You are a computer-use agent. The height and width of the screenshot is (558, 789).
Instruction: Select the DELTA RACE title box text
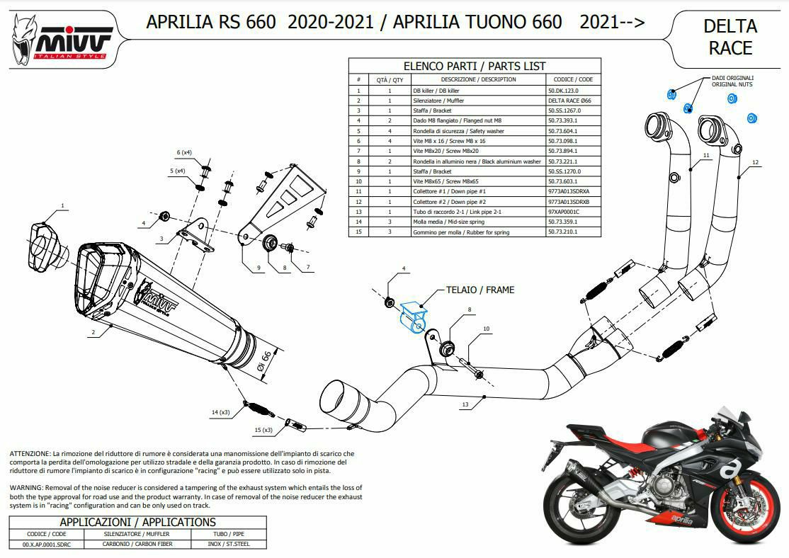[730, 37]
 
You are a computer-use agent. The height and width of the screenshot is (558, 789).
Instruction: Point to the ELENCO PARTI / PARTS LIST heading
[475, 66]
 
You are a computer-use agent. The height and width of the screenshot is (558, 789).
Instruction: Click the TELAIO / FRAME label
[480, 290]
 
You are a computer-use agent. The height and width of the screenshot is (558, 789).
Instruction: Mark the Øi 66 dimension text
[263, 360]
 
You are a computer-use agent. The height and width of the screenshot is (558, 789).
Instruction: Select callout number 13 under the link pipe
[465, 404]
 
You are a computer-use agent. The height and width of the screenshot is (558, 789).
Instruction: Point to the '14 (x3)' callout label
[220, 412]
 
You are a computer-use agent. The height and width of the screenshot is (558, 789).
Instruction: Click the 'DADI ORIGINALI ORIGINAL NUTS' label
[732, 81]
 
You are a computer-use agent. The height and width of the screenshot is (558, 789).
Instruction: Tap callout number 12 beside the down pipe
[755, 163]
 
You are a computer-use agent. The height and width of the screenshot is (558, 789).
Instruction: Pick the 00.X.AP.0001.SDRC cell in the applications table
[47, 544]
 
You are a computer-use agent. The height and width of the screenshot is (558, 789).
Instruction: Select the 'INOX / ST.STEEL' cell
[229, 544]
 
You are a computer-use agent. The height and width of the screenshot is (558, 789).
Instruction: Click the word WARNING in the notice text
[26, 488]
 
